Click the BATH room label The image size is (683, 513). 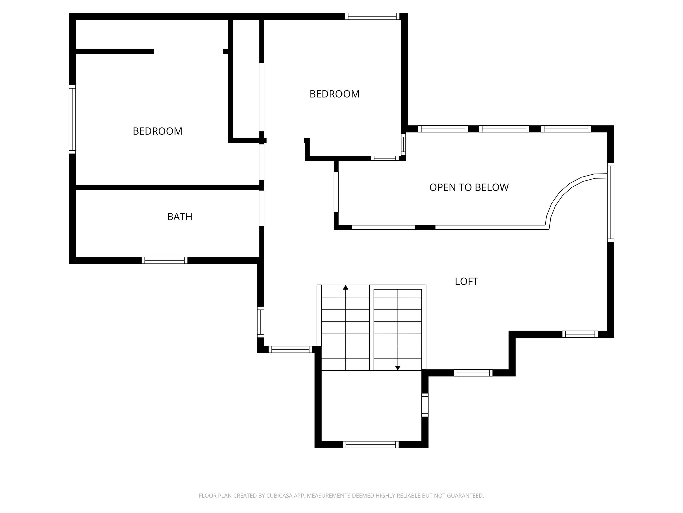[x=180, y=217]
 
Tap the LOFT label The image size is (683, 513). [x=466, y=281]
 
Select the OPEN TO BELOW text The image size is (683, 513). [x=469, y=187]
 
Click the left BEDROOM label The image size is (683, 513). [x=157, y=131]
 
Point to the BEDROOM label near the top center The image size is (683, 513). [x=334, y=94]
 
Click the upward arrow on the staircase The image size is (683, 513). [x=346, y=287]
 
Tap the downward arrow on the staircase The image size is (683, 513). [x=398, y=368]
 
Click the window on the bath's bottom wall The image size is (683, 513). [x=164, y=260]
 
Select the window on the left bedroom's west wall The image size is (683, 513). [x=72, y=119]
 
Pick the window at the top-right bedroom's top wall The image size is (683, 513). [x=372, y=16]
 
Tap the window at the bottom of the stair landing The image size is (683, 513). [x=371, y=444]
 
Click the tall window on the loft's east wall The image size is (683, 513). [x=610, y=202]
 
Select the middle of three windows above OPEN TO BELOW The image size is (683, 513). [x=504, y=129]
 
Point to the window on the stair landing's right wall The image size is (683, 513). [x=425, y=405]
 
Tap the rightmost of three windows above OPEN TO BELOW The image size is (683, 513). [x=566, y=129]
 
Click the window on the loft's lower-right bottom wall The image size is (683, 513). [x=580, y=334]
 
